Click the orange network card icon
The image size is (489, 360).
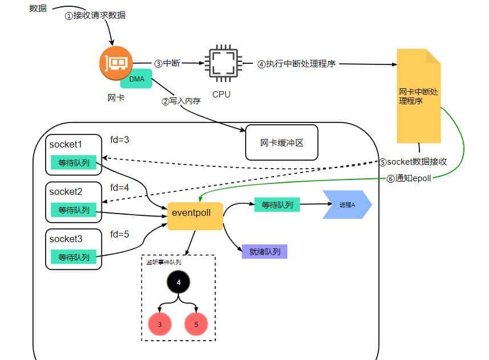tap(116, 63)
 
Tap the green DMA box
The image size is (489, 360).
tap(136, 79)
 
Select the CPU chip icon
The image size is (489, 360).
tap(222, 63)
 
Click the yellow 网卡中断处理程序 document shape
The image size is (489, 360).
tap(419, 96)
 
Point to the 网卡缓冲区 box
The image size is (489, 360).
tap(282, 142)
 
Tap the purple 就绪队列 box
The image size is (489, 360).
tap(264, 251)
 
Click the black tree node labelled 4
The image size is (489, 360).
tap(178, 282)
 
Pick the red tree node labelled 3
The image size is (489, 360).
tap(160, 324)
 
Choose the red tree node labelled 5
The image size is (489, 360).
tap(196, 324)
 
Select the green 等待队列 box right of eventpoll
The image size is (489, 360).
tap(277, 204)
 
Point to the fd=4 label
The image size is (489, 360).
tap(120, 186)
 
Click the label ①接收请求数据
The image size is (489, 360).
tap(95, 15)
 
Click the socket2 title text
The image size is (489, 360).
tap(66, 191)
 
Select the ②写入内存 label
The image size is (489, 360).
tap(181, 101)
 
